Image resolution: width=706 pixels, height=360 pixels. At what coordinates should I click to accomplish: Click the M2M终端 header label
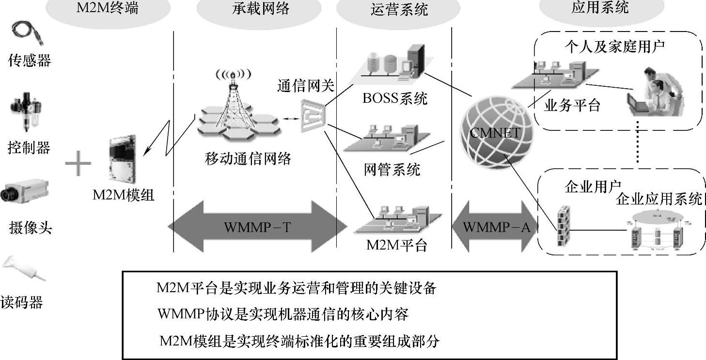[107, 8]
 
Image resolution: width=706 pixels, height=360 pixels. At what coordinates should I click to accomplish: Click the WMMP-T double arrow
[257, 226]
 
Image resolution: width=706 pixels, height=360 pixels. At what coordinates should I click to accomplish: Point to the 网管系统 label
[392, 170]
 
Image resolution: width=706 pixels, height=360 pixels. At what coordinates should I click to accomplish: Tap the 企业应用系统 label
[659, 199]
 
